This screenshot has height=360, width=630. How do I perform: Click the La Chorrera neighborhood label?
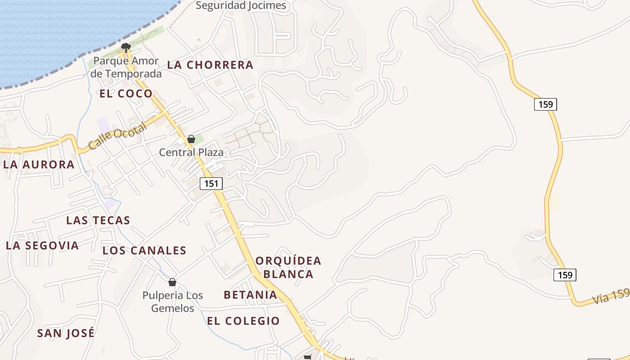[210, 65]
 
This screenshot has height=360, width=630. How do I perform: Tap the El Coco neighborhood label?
[126, 94]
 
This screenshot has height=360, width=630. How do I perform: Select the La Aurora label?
[39, 165]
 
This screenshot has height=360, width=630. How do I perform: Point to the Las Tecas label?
[98, 220]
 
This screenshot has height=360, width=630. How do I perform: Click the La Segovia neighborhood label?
[42, 246]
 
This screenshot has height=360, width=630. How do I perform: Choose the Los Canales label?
[144, 251]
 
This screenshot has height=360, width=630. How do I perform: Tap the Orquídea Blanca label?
[288, 267]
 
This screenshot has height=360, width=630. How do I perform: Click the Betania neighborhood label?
[250, 295]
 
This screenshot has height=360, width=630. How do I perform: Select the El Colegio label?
[243, 321]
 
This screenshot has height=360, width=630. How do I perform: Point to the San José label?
[66, 333]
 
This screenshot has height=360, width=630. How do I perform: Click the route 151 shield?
[211, 184]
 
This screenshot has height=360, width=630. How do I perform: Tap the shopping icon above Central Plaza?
[191, 139]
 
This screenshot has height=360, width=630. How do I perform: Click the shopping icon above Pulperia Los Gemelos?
[172, 282]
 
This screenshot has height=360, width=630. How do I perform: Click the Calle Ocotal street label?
[117, 136]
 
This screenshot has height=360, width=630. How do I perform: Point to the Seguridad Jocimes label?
[241, 5]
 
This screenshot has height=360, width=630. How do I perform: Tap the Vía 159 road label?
[610, 297]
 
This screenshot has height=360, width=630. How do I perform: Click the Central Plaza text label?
[191, 153]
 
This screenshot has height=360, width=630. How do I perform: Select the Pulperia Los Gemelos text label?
[173, 302]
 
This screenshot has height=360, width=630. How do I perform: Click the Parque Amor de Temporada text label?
[126, 67]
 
